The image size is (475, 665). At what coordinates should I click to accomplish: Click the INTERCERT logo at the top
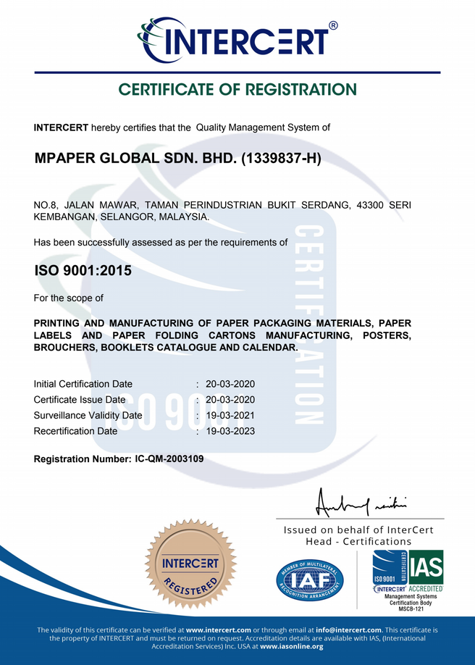pyautogui.click(x=237, y=38)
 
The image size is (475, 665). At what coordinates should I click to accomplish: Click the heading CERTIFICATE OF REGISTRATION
pyautogui.click(x=237, y=90)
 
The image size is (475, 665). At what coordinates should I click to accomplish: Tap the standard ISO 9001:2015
pyautogui.click(x=83, y=271)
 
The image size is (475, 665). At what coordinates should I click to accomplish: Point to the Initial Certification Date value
pyautogui.click(x=230, y=384)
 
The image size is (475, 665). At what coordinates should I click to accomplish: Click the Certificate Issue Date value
pyautogui.click(x=230, y=400)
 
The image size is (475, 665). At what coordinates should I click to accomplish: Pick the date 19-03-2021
pyautogui.click(x=230, y=415)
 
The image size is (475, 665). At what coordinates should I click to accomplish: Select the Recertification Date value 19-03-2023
pyautogui.click(x=230, y=431)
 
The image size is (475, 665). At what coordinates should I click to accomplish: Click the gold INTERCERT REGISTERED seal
pyautogui.click(x=190, y=564)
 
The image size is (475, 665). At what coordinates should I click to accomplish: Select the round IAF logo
pyautogui.click(x=310, y=580)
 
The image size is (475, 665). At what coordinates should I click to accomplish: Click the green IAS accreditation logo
pyautogui.click(x=426, y=566)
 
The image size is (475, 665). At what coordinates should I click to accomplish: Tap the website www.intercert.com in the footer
pyautogui.click(x=218, y=630)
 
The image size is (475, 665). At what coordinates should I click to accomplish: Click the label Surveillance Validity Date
pyautogui.click(x=88, y=415)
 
